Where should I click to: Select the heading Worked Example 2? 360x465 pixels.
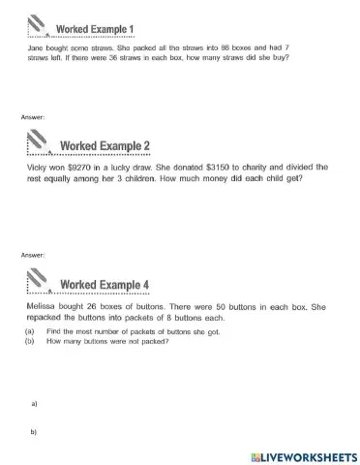105,146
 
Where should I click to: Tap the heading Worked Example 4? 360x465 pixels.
105,284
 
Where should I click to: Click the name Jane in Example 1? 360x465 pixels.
33,47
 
